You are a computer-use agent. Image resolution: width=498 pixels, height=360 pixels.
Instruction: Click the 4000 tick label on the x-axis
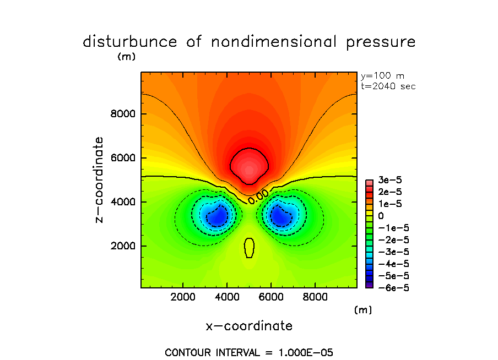[227, 297]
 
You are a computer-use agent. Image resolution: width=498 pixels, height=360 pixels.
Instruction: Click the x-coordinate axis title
[249, 326]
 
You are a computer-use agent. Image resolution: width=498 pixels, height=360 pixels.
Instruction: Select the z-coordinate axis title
[100, 180]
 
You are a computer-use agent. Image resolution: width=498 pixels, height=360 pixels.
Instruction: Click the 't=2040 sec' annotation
[388, 86]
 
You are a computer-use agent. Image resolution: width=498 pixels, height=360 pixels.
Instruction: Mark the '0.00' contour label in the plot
[258, 196]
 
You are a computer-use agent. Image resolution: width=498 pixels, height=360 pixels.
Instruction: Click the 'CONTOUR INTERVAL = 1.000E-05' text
[249, 352]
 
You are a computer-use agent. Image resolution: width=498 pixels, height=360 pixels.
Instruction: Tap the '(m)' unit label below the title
[126, 57]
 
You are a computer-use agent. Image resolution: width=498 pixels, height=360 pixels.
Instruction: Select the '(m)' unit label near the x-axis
[362, 310]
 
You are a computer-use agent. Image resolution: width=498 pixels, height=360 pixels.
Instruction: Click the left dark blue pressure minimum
[216, 218]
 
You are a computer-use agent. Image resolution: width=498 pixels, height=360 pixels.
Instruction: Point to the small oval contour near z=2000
[249, 248]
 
